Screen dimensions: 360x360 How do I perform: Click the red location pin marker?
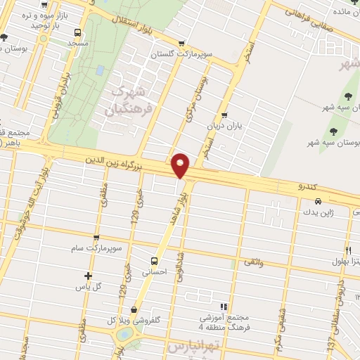tap(181, 165)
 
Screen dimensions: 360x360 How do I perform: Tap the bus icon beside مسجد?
tap(77, 32)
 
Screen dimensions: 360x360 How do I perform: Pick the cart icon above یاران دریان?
tap(224, 115)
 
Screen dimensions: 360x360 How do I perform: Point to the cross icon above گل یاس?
tap(88, 276)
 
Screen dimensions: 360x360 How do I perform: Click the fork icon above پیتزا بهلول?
tap(348, 250)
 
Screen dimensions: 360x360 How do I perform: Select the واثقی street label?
tap(252, 262)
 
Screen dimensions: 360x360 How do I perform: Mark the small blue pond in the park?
tap(101, 70)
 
